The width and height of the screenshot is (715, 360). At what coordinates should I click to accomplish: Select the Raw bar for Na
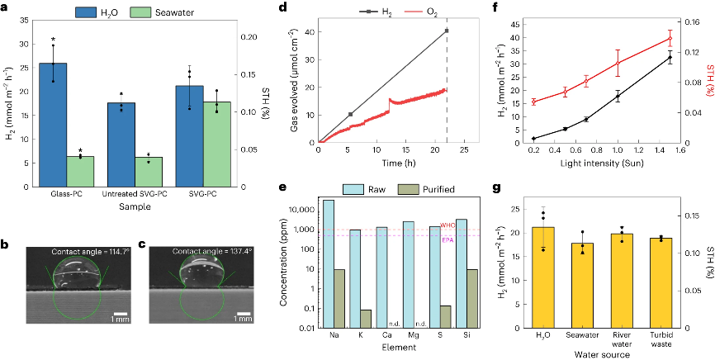pyautogui.click(x=329, y=264)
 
